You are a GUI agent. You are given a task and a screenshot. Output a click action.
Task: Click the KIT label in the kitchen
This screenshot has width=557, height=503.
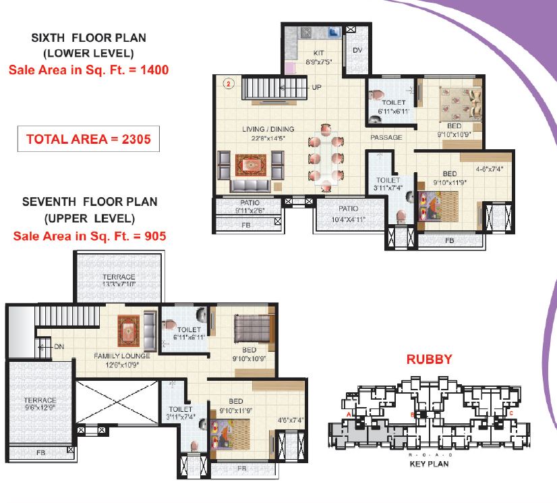tap(318, 53)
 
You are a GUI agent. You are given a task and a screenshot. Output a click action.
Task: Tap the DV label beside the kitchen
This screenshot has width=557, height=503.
tap(357, 50)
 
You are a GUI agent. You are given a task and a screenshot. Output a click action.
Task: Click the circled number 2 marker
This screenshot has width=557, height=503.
tap(229, 84)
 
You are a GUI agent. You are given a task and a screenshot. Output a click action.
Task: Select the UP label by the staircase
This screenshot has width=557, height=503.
tap(316, 87)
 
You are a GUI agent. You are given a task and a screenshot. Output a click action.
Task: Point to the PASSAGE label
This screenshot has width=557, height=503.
tap(386, 137)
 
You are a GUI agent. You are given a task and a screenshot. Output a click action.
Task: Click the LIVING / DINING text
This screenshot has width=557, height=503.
tap(268, 129)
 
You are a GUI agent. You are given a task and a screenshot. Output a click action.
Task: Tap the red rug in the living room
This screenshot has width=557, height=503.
tap(251, 165)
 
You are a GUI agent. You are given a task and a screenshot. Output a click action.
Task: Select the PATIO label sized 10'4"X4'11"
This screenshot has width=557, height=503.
tap(348, 209)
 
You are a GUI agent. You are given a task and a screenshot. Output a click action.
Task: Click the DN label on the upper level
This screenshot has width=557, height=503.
tap(59, 346)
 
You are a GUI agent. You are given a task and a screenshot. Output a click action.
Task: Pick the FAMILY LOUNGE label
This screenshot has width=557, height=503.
tap(122, 356)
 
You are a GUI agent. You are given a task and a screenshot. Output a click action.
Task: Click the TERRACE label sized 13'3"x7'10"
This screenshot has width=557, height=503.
tap(119, 276)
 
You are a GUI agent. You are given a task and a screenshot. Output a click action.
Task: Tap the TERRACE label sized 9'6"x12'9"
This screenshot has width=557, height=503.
tap(40, 400)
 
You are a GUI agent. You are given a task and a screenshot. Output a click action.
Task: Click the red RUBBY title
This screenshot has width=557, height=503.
tap(429, 359)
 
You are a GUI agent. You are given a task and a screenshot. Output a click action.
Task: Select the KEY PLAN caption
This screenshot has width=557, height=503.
tap(429, 464)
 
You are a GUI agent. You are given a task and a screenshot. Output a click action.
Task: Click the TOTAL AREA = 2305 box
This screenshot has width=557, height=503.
tap(88, 138)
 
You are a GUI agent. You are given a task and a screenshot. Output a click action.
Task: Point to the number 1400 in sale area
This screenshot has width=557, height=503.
tap(154, 70)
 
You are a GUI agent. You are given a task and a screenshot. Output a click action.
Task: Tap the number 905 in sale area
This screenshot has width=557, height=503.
tap(155, 236)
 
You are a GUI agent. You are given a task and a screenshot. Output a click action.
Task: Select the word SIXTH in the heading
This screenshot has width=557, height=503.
tap(48, 38)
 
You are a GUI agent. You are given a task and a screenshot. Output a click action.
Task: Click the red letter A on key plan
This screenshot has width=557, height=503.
tap(349, 415)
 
